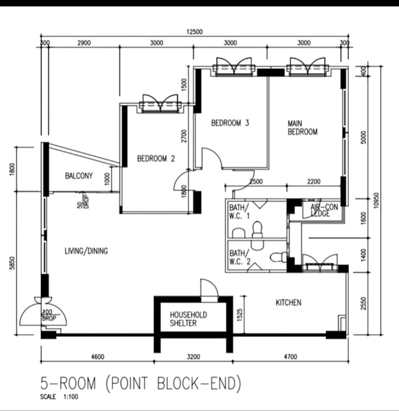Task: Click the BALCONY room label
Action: tap(79, 175)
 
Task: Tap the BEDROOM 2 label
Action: tap(156, 158)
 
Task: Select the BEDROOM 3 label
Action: tap(230, 123)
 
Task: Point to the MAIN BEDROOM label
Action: tap(303, 127)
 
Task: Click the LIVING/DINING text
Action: tap(87, 251)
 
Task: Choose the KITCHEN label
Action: tap(288, 303)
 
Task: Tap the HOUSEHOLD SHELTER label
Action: tap(188, 319)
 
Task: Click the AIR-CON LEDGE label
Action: tap(324, 211)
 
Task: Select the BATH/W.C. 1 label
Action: tap(239, 212)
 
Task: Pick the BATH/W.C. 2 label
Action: tap(240, 257)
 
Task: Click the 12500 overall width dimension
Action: tap(195, 32)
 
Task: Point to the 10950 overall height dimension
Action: tap(376, 200)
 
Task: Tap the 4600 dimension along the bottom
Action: tap(97, 357)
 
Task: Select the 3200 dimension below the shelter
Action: tap(193, 357)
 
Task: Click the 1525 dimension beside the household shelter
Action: tap(239, 315)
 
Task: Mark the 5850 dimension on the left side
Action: tap(12, 262)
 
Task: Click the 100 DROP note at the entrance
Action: tap(49, 315)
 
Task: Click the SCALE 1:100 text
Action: tap(59, 397)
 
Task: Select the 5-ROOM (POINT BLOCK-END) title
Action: tap(140, 383)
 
